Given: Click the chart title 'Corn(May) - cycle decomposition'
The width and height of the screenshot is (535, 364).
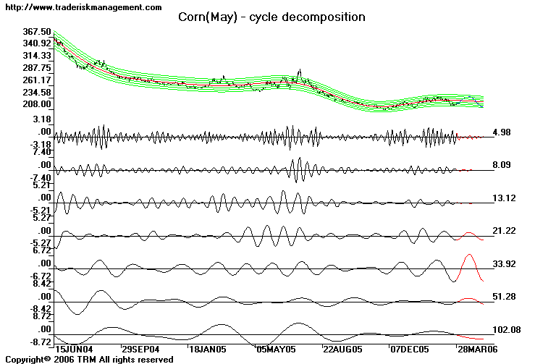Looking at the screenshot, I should [x=271, y=17].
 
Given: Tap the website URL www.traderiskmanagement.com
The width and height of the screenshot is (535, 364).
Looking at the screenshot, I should [x=82, y=7].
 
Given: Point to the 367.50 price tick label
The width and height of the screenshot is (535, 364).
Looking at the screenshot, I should [x=37, y=32].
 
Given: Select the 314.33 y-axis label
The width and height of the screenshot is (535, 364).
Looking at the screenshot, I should [x=37, y=56].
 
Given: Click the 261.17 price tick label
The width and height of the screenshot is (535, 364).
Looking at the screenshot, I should [x=37, y=80].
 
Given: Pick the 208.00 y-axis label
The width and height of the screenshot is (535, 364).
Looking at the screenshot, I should [x=37, y=104].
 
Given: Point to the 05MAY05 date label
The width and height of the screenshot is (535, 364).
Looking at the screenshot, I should [x=276, y=348].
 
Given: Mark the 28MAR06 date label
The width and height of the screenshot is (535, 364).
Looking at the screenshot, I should [x=477, y=348].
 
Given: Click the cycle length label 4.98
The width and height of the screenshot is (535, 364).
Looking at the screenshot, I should [x=502, y=132].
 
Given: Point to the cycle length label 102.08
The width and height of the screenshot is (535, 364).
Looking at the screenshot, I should [x=506, y=330].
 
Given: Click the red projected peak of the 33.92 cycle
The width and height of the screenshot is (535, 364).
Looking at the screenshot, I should [x=470, y=255].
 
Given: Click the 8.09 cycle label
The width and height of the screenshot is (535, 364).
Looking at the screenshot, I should [x=502, y=165].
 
